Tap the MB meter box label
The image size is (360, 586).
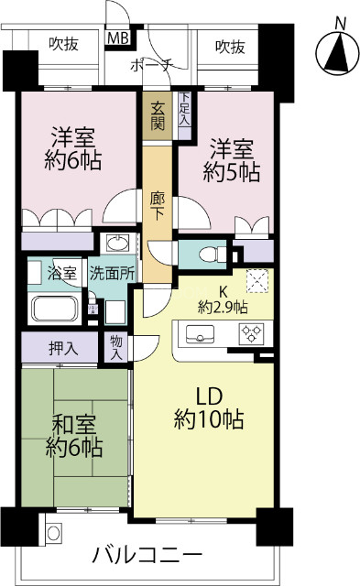(119, 38)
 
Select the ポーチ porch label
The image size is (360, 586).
(150, 66)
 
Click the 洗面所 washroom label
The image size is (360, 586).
(111, 273)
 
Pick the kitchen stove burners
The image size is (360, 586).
(251, 334)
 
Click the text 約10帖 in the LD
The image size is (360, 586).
(209, 420)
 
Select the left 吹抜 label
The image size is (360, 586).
(64, 45)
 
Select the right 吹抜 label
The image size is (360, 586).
(230, 45)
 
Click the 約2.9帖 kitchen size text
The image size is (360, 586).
(224, 308)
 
